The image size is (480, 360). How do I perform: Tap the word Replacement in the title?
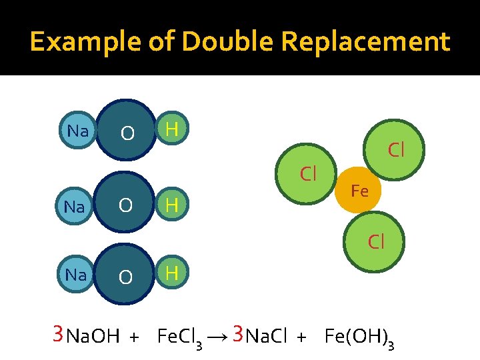click(x=365, y=42)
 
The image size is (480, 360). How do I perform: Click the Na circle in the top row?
click(x=78, y=131)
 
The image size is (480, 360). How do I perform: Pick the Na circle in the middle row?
click(x=75, y=207)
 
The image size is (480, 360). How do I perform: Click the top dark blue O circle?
click(x=127, y=132)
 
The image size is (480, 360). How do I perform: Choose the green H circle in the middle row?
click(x=172, y=205)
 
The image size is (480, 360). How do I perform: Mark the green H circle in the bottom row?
click(x=172, y=273)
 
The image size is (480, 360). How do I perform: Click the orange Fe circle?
click(x=359, y=190)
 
